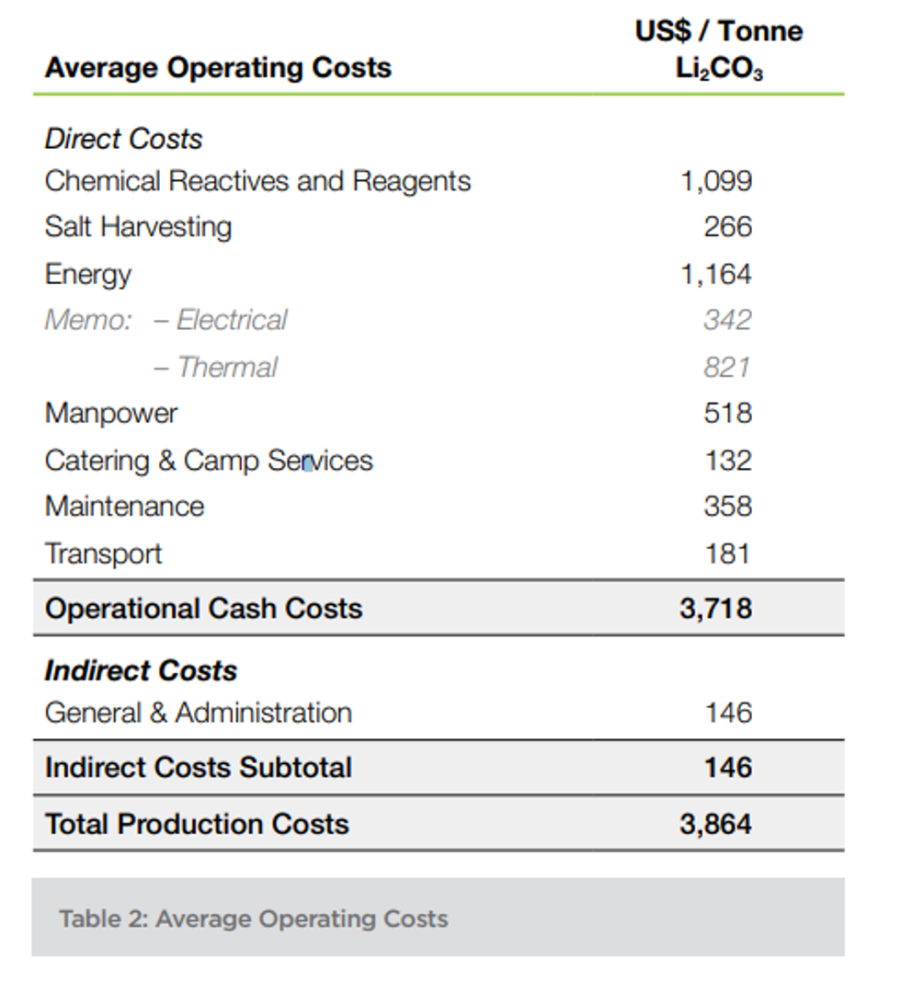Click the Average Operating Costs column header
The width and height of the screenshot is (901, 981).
point(218,67)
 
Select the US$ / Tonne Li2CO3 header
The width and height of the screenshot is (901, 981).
point(718,50)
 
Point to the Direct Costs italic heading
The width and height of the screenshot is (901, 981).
point(123,139)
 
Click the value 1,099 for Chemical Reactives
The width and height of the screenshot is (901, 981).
point(716,180)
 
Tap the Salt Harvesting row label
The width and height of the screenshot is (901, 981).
point(138,227)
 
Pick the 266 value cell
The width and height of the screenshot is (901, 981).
point(727,227)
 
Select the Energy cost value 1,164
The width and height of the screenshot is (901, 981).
point(716,274)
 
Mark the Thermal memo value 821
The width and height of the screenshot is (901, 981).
point(727,367)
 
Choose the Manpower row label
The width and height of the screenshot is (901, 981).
point(111,414)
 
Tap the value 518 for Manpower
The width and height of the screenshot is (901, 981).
point(727,414)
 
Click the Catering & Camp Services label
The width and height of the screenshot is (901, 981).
point(209,461)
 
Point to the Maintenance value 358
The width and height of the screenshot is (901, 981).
point(727,507)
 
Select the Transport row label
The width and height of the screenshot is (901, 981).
point(103,553)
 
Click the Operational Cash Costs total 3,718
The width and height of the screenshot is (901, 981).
point(716,609)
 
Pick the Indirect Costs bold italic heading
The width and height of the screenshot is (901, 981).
point(141,670)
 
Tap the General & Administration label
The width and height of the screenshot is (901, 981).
point(198,713)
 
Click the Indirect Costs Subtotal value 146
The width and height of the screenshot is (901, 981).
point(728,768)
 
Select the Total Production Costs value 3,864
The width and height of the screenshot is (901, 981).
point(716,824)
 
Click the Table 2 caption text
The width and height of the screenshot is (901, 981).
point(254,918)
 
